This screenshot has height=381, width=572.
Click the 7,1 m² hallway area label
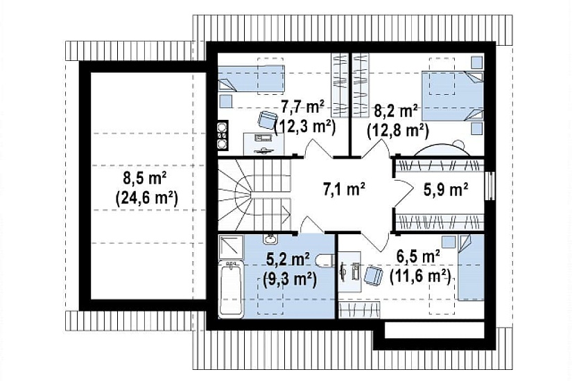click(345, 189)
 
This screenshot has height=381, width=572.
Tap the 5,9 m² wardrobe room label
click(446, 189)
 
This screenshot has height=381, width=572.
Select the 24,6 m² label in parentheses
click(147, 198)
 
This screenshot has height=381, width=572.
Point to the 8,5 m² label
click(145, 179)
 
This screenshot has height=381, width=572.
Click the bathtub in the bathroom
click(231, 289)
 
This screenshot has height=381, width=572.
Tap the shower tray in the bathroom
click(231, 247)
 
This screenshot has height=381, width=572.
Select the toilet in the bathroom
click(325, 259)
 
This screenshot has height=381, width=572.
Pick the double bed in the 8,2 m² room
click(452, 96)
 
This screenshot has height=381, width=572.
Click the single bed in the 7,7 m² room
click(252, 78)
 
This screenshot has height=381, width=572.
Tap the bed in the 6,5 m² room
click(471, 267)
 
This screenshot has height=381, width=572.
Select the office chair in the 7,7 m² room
click(268, 119)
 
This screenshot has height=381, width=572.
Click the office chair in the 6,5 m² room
click(373, 274)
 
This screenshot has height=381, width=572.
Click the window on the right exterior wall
click(491, 186)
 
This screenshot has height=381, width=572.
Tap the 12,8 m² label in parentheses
click(398, 130)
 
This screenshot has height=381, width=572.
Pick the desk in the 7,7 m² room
click(263, 143)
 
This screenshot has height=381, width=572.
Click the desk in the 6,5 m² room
click(349, 272)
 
